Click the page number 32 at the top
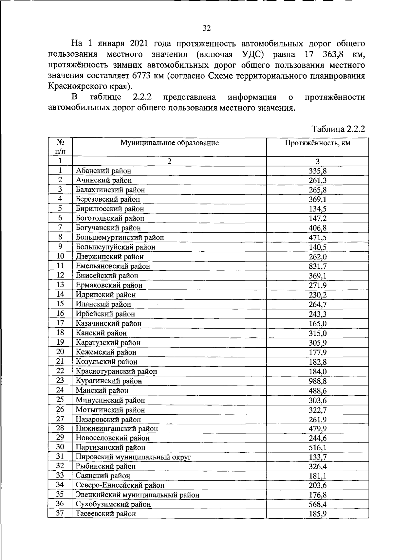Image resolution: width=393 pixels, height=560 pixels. point(207,28)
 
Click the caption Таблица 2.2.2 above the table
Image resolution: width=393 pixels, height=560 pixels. point(338,129)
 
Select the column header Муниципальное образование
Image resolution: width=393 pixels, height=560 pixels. point(169,143)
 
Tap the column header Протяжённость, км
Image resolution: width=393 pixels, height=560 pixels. point(317,143)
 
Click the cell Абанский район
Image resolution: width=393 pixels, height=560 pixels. point(103,171)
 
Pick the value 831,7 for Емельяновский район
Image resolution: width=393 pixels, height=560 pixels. point(317,266)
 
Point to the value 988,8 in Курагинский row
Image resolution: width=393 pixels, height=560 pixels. point(317,381)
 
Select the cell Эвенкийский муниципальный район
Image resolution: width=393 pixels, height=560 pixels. point(137,495)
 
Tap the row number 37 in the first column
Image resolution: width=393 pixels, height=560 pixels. point(60,513)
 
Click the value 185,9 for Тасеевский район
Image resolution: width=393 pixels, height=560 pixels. point(317,514)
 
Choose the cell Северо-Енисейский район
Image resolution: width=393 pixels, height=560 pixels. point(120,485)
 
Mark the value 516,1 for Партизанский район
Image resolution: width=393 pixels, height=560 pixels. point(317,448)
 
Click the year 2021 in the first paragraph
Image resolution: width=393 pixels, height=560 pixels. point(139,44)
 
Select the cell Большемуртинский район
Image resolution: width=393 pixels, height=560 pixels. point(120,238)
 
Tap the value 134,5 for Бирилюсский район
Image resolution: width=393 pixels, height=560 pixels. point(317,209)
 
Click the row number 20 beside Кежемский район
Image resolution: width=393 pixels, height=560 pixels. point(60,352)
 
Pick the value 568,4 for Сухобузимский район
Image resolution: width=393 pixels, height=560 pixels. point(317,504)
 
